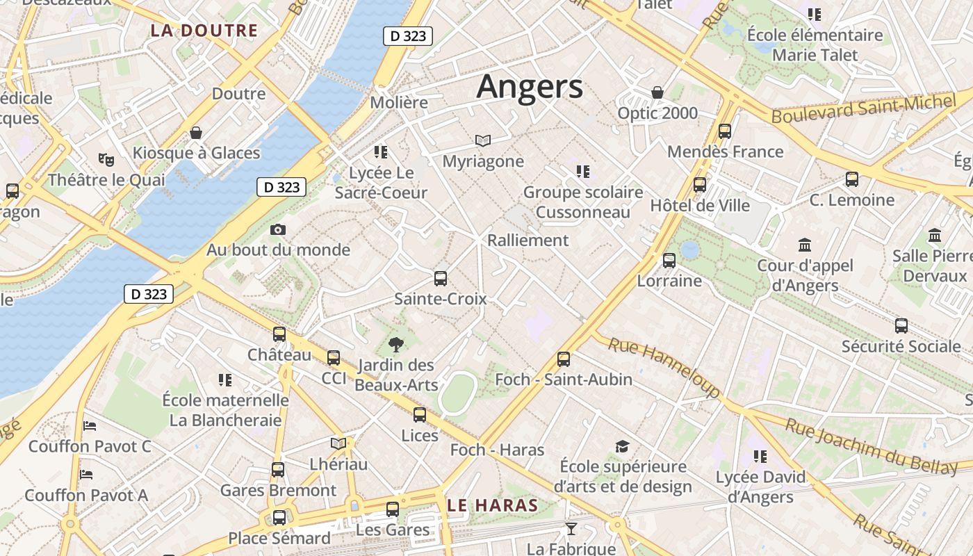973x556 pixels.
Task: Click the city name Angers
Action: click(x=530, y=87)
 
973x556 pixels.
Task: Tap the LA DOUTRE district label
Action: click(x=204, y=31)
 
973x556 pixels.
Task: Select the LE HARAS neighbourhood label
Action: click(x=493, y=505)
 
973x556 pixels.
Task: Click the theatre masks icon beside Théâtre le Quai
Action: click(x=106, y=159)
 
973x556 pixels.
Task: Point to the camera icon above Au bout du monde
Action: click(x=278, y=229)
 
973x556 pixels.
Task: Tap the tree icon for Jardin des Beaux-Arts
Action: click(x=396, y=343)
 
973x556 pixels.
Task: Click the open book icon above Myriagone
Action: click(x=483, y=141)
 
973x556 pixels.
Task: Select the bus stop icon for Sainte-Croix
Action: click(x=440, y=279)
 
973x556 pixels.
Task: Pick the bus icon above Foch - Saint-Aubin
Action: click(x=564, y=359)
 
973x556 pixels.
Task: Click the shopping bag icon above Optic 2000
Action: click(x=657, y=92)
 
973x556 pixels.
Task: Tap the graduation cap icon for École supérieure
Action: click(x=622, y=446)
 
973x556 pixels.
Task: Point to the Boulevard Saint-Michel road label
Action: click(x=863, y=110)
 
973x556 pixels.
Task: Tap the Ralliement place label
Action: click(x=528, y=240)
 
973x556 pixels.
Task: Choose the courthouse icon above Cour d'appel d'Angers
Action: click(x=805, y=245)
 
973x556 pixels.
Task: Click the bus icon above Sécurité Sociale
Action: click(x=901, y=325)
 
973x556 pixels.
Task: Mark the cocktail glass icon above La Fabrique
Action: click(x=571, y=529)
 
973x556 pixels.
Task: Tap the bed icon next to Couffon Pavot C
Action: click(x=89, y=425)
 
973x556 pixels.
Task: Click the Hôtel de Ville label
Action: click(x=700, y=206)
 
